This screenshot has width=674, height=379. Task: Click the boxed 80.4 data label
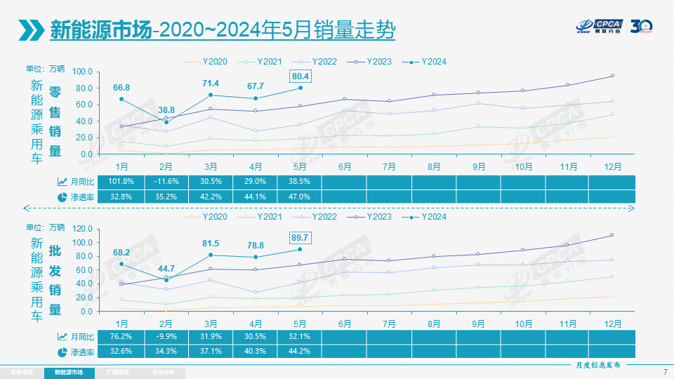point(300,76)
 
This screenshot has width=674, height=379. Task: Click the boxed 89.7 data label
point(300,238)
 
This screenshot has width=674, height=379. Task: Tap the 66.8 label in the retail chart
point(121,87)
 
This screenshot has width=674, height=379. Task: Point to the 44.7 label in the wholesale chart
point(166,269)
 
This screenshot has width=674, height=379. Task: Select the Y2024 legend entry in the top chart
point(428,62)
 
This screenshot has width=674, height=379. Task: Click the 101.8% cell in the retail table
point(121,181)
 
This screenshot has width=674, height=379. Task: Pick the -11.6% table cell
point(166,181)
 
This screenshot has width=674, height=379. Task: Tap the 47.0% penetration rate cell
point(300,197)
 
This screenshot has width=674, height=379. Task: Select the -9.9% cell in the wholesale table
point(166,336)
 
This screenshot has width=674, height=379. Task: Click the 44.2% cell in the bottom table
point(300,351)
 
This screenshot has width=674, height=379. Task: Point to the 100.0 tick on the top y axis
point(81,72)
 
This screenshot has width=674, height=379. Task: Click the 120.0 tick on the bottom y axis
point(81,229)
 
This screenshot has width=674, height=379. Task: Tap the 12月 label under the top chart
point(612,166)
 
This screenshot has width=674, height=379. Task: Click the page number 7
point(665,372)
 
